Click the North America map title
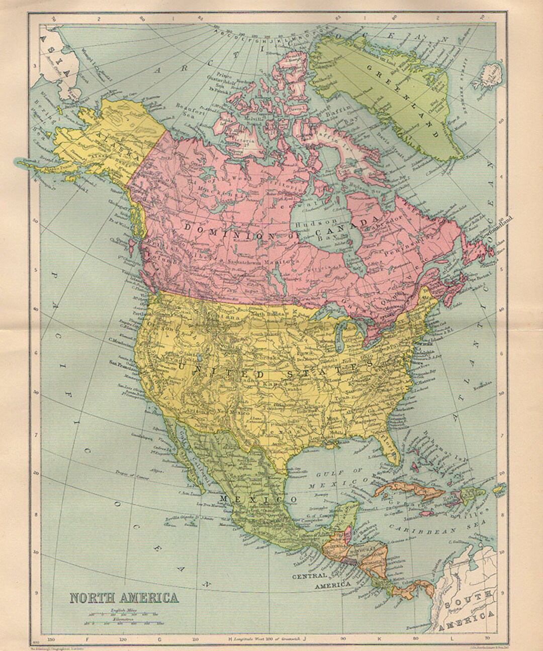(123, 598)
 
